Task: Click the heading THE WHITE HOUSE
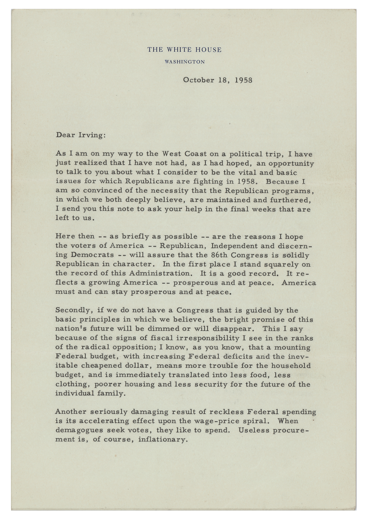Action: pyautogui.click(x=184, y=49)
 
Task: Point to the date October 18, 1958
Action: pyautogui.click(x=218, y=80)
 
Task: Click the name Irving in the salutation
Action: pyautogui.click(x=93, y=136)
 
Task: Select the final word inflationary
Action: pyautogui.click(x=163, y=440)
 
